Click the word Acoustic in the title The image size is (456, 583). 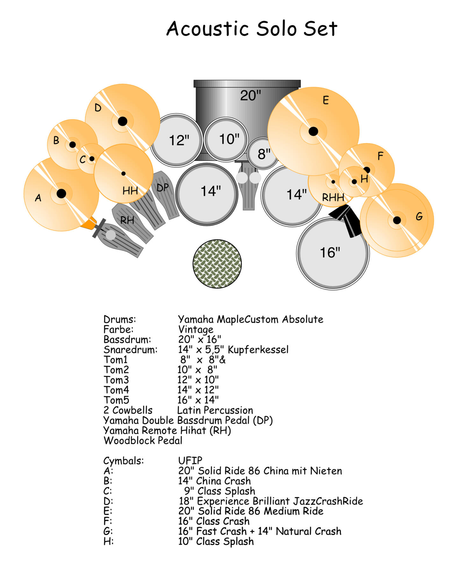click(207, 29)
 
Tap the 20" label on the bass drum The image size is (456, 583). click(250, 95)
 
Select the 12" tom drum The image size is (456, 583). click(177, 140)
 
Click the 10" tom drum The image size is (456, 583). click(226, 139)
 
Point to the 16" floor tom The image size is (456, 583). click(331, 255)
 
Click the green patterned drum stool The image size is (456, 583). click(217, 264)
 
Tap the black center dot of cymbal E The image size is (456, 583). click(313, 131)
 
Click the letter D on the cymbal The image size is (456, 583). click(98, 108)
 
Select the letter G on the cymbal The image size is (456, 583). click(419, 217)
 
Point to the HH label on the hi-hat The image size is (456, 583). click(130, 191)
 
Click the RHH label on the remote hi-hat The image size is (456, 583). click(333, 198)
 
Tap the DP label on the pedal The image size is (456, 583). click(162, 188)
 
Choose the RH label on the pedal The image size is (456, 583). click(127, 220)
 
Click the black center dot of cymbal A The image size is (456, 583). click(61, 193)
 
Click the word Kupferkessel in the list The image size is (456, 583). click(258, 349)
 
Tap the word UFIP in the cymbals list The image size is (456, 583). click(190, 460)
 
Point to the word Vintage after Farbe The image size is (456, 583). click(196, 329)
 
